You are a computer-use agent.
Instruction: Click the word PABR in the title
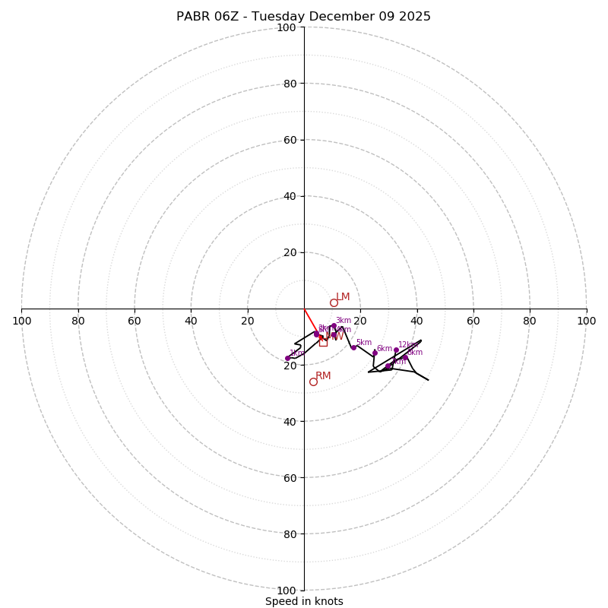(x=192, y=17)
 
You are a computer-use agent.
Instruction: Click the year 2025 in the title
(x=415, y=17)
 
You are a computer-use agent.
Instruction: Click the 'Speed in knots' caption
(x=304, y=602)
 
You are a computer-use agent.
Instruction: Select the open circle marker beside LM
(x=334, y=302)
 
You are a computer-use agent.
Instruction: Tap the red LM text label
(x=343, y=297)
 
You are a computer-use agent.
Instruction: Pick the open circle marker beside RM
(x=313, y=382)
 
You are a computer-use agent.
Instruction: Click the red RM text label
(x=323, y=376)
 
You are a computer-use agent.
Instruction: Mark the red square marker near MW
(x=323, y=342)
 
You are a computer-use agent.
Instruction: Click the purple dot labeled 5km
(x=353, y=347)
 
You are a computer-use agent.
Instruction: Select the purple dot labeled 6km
(x=375, y=353)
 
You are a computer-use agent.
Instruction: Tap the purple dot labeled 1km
(x=287, y=358)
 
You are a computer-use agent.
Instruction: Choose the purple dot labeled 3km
(x=334, y=326)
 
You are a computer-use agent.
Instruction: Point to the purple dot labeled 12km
(x=396, y=350)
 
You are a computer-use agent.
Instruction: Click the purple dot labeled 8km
(x=405, y=358)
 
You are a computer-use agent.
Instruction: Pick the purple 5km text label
(x=364, y=343)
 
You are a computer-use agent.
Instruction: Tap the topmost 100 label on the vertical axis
(x=287, y=27)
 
